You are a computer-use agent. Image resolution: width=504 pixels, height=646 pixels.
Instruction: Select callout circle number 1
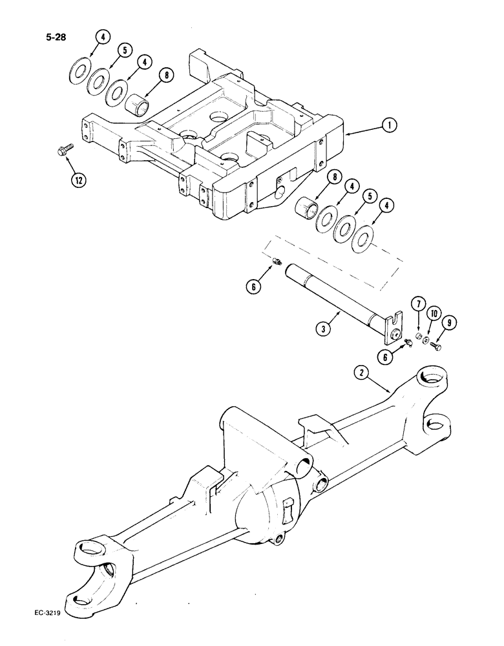388,127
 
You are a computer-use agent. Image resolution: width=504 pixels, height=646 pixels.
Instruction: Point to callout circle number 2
361,372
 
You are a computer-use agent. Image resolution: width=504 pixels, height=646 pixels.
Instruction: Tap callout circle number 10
432,313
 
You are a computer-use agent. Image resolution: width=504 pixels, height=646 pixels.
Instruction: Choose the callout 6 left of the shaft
255,285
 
